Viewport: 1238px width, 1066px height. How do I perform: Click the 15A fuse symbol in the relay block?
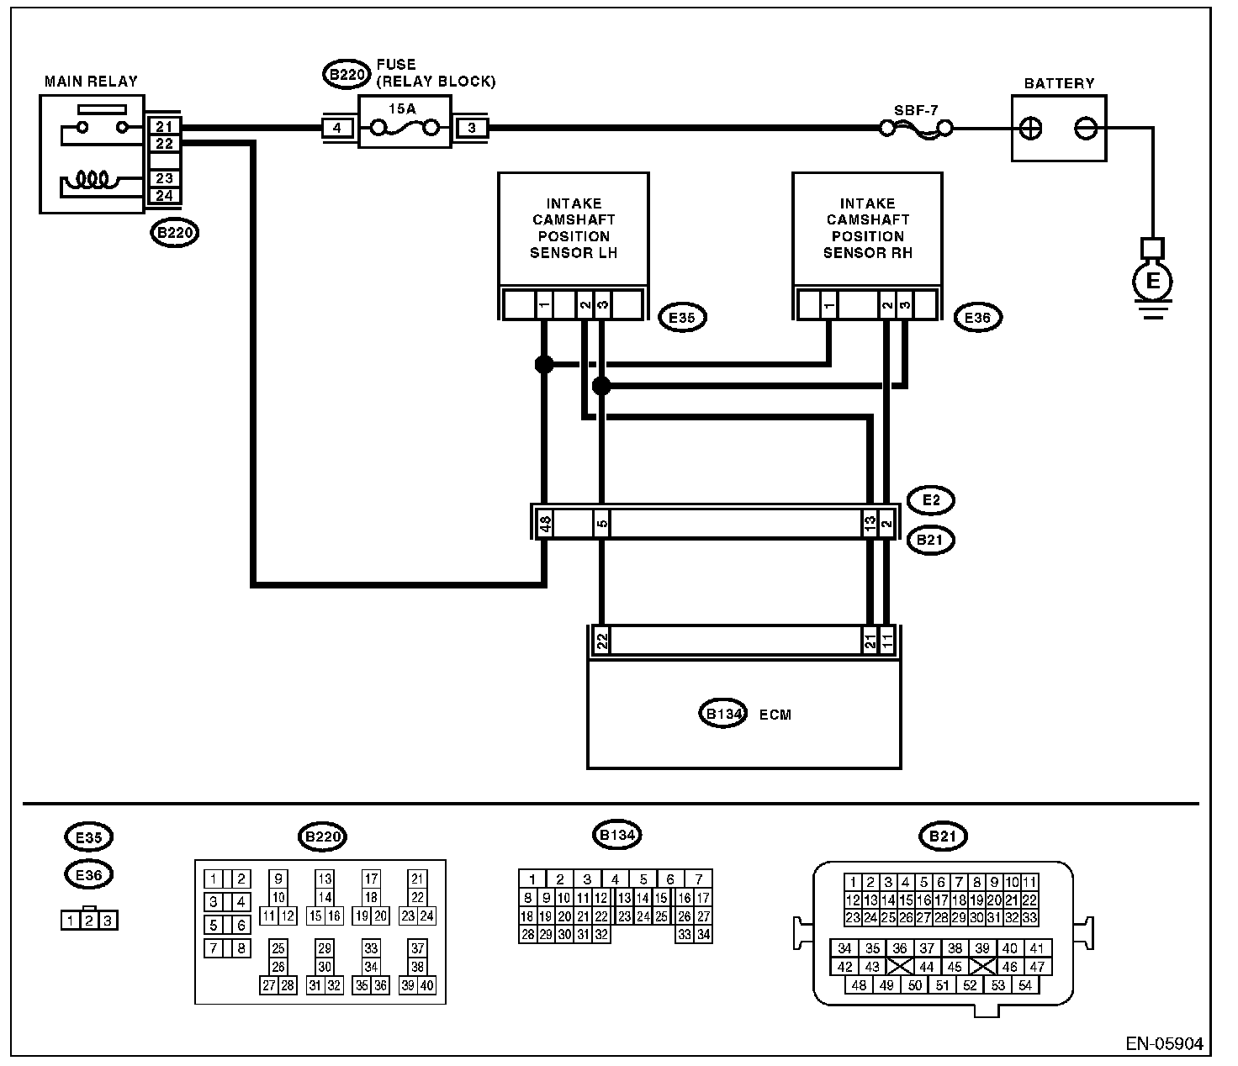click(405, 128)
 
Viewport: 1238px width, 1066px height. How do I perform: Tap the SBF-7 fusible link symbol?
click(916, 129)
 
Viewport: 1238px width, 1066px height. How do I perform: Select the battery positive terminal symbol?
click(1031, 129)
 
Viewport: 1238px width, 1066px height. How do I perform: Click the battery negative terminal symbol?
click(1086, 129)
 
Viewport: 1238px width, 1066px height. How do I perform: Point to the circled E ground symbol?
click(1152, 282)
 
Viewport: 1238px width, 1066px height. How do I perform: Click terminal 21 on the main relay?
click(164, 126)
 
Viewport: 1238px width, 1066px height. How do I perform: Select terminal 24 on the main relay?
click(164, 196)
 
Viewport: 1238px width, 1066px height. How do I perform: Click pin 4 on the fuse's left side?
click(337, 128)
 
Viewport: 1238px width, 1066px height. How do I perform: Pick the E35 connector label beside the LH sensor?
click(682, 318)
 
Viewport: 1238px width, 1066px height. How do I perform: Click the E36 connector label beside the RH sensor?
click(977, 318)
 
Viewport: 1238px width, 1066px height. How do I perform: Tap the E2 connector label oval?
click(931, 500)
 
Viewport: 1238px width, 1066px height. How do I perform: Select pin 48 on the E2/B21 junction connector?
click(545, 522)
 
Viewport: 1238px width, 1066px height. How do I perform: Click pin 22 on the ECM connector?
click(602, 641)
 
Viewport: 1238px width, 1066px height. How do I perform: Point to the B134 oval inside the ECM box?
click(723, 713)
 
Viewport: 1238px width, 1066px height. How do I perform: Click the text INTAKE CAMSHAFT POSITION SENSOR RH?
click(868, 228)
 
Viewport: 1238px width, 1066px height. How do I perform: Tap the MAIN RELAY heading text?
click(91, 82)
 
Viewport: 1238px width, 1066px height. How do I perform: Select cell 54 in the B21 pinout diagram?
click(1024, 986)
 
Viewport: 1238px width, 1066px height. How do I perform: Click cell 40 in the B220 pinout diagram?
click(426, 986)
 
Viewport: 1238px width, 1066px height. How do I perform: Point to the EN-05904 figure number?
click(1164, 1044)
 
